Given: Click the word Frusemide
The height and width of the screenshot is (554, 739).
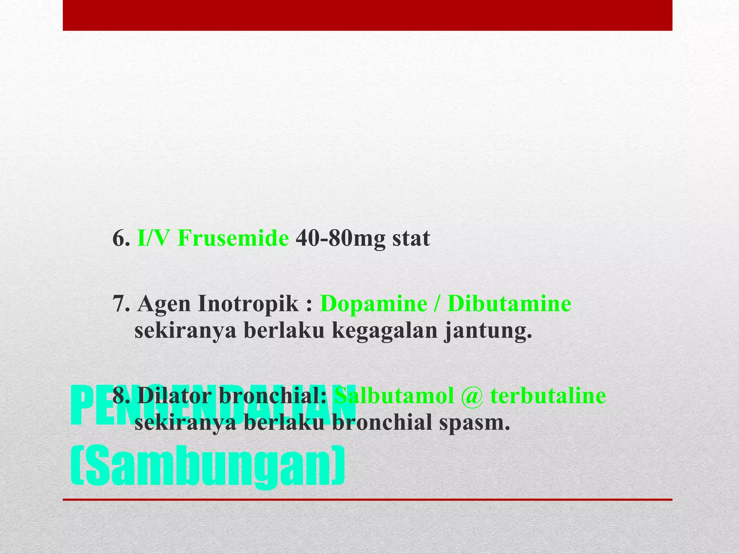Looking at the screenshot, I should point(233,238).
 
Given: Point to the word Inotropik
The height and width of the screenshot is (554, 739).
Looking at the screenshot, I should point(248,304).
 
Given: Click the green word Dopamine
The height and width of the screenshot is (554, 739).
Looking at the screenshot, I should point(373,304).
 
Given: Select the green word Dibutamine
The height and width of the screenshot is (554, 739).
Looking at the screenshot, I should point(509,304).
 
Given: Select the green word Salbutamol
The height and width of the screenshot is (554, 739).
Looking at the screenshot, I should point(394,396).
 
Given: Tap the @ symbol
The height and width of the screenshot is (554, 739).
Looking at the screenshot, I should point(472,396).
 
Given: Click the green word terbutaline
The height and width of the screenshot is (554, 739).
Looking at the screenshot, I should point(548,396).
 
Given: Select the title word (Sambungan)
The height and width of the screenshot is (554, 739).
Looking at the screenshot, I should point(207,467).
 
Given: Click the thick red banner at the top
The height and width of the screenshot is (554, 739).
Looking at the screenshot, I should point(367,15).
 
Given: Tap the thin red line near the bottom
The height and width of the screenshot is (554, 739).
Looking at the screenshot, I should point(367,500).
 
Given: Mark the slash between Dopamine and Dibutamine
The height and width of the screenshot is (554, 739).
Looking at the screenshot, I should point(437,304).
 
